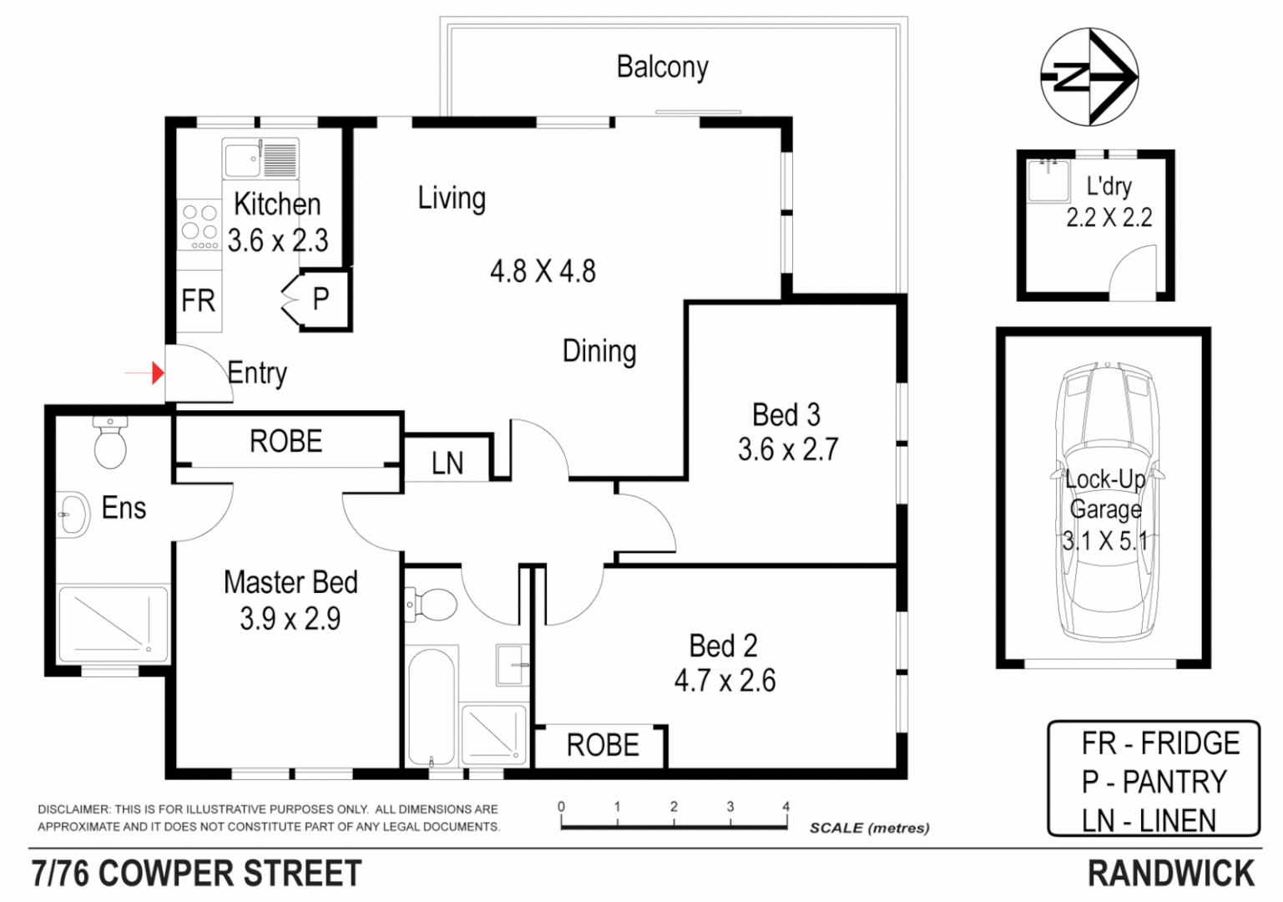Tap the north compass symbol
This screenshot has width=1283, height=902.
tap(1089, 77)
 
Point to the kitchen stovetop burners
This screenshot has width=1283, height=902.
tap(200, 224)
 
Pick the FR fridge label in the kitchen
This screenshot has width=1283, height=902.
tap(198, 301)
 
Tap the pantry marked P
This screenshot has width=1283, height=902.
tap(321, 299)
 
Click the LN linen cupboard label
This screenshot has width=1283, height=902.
tap(447, 464)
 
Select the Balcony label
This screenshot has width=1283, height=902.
tap(662, 67)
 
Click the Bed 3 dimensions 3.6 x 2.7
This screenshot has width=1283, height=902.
tap(787, 450)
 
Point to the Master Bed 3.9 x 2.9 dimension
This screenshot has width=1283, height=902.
tap(290, 619)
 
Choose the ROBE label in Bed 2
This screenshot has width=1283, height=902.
tap(603, 745)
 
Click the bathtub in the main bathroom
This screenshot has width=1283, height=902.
tap(432, 706)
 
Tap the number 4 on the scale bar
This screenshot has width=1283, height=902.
tap(785, 807)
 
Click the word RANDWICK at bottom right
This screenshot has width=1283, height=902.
tap(1170, 874)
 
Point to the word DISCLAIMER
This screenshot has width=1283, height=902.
tap(73, 809)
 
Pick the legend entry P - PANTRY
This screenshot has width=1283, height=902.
tap(1154, 783)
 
